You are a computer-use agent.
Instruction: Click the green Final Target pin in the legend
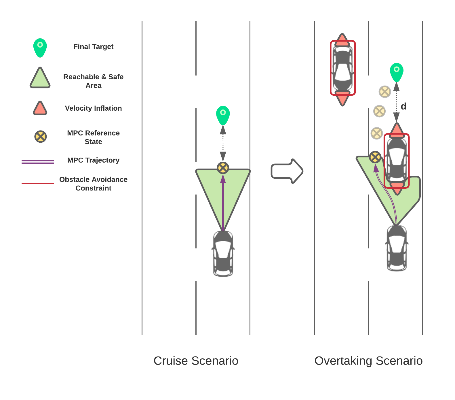40,47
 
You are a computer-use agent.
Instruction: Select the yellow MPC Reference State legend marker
41,136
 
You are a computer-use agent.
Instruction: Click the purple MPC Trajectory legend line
38,162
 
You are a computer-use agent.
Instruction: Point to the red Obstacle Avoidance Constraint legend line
38,183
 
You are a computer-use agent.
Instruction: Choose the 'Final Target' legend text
93,47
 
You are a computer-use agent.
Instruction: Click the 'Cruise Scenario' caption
196,361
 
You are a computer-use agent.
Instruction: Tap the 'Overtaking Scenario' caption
368,361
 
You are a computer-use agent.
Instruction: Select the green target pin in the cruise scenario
223,115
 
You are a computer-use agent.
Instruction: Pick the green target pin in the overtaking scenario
397,71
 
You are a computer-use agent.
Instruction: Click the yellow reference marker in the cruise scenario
223,168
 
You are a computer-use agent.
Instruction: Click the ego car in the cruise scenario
223,254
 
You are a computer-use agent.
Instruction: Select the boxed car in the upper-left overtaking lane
343,68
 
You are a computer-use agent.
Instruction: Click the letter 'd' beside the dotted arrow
403,106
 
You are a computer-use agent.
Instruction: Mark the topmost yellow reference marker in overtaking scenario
385,92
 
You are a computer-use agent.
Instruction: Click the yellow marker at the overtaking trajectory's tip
375,157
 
